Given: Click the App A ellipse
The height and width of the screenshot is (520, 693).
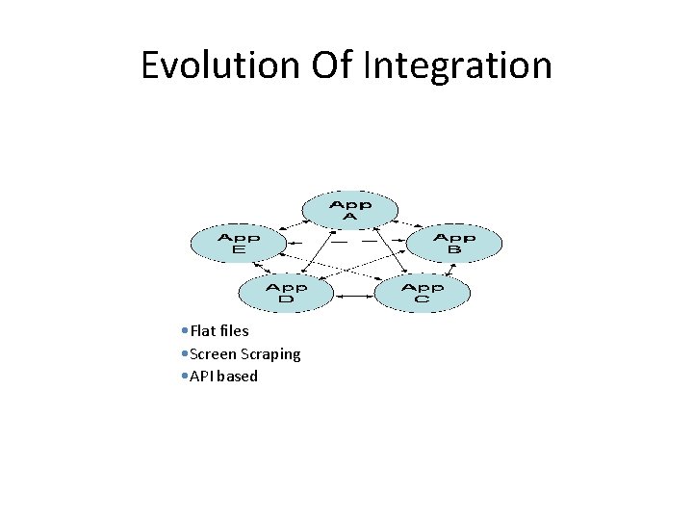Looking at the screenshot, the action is point(349,211).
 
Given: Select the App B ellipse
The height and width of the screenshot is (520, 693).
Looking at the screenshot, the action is point(454,244).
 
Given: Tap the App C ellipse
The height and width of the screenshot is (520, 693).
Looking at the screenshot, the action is point(422,294).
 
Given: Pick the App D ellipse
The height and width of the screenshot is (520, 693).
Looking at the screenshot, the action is point(286,294).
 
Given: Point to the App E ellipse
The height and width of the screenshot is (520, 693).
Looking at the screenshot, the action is point(239,244).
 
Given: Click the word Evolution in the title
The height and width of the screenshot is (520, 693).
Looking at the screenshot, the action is point(220,65).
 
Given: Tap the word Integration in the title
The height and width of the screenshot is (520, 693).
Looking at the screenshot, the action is point(457,65).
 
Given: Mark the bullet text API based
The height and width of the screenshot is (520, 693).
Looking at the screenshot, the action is point(223,377).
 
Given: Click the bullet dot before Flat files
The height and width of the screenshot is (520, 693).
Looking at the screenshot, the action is point(184,331).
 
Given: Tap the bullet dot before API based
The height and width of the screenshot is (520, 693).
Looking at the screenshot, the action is point(184,377).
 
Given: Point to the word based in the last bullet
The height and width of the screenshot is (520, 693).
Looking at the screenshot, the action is point(238,377).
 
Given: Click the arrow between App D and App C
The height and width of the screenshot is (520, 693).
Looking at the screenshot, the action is point(353,294).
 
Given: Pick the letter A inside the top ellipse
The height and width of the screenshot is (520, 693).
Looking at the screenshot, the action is point(349,218).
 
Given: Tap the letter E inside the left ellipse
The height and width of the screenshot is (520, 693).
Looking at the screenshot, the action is point(239,250).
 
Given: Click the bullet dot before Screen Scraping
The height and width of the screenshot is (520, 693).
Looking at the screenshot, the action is point(184,354).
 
